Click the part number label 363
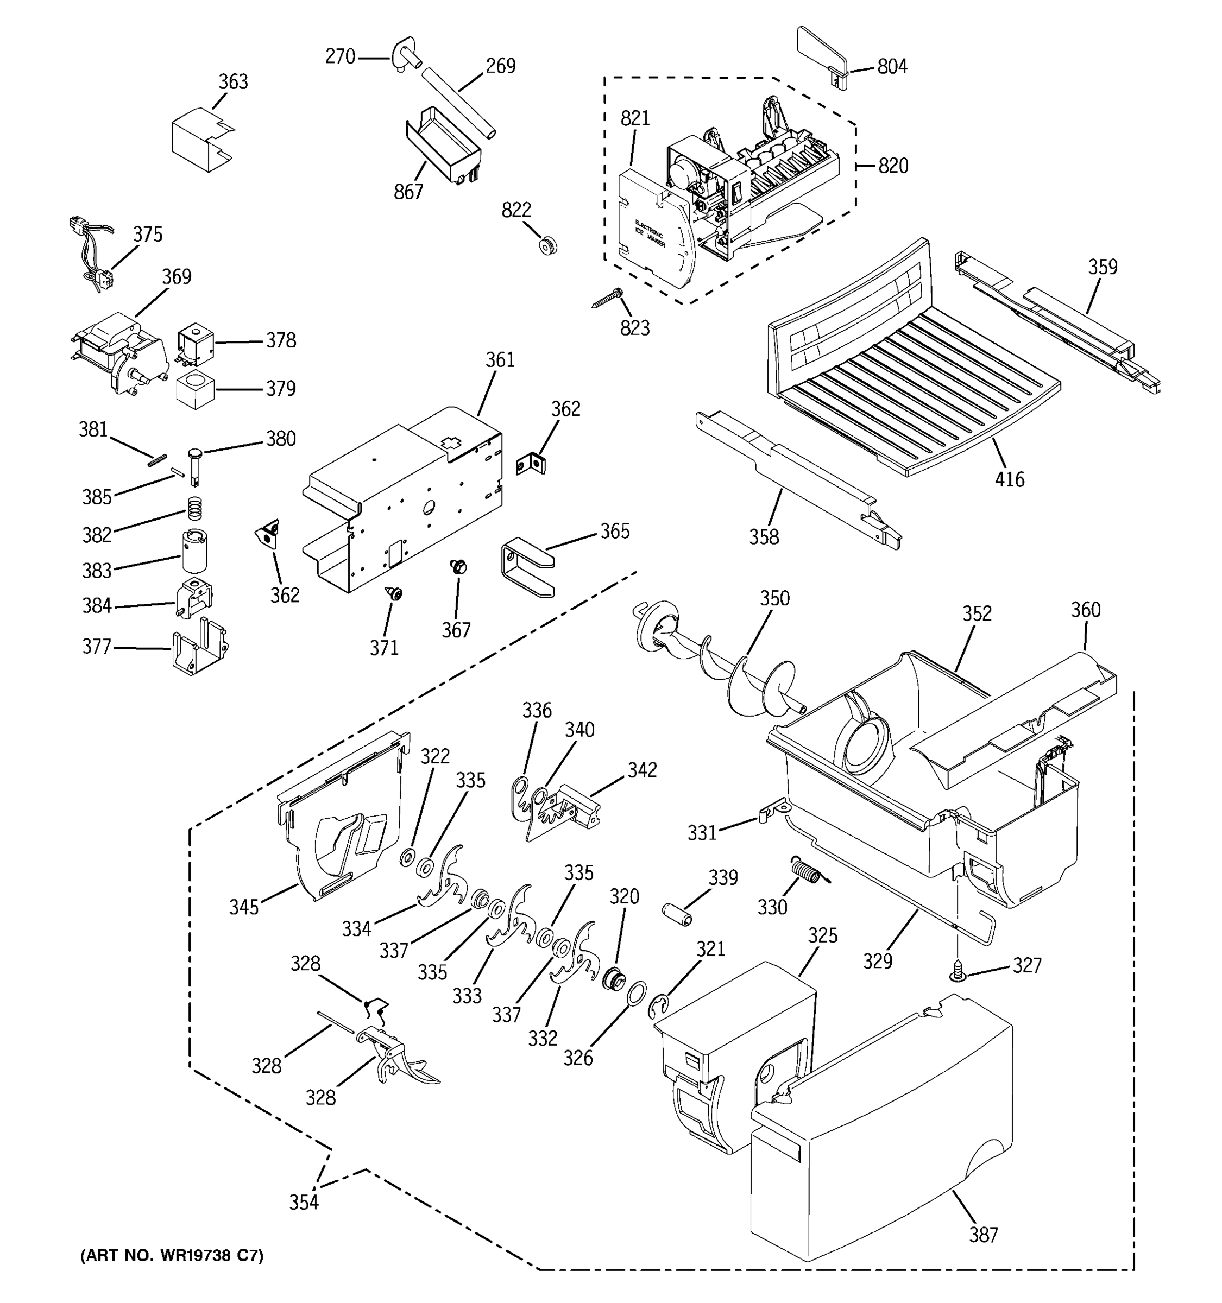233,82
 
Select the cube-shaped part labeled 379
196,389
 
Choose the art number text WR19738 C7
171,1255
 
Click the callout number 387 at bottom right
984,1234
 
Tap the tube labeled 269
458,103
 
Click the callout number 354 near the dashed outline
304,1202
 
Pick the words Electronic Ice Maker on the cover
650,234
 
